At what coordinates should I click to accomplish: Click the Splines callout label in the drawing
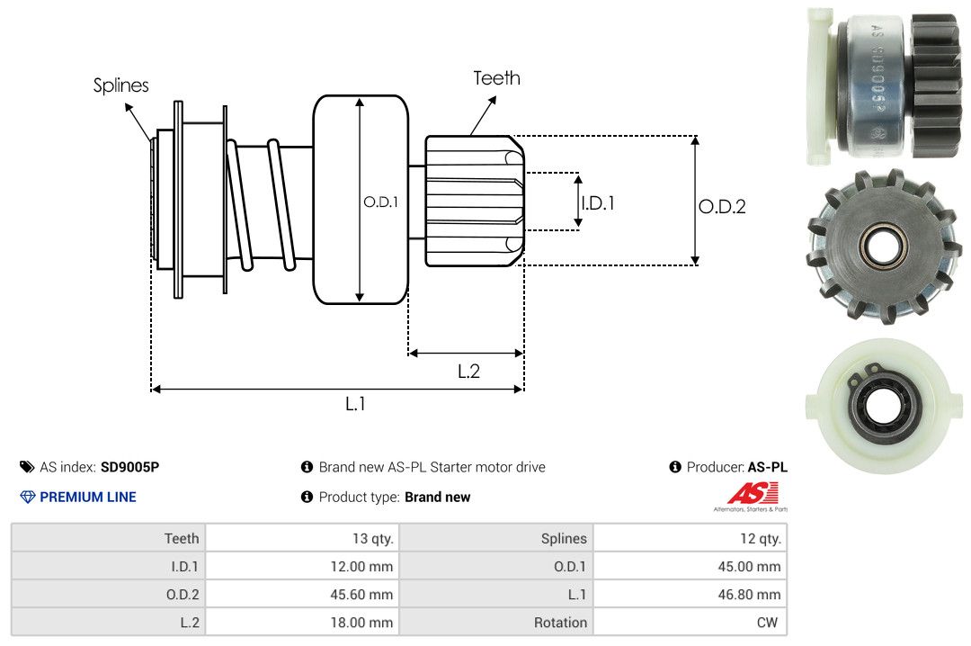[120, 85]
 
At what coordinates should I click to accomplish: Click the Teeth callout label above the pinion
[496, 78]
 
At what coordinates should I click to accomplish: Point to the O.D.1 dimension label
[380, 202]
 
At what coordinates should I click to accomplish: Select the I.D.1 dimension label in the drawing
[597, 203]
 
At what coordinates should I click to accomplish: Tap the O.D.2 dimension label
[722, 207]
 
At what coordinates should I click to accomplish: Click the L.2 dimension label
[468, 371]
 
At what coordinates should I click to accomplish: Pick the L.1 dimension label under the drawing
[355, 404]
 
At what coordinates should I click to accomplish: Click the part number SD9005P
[129, 467]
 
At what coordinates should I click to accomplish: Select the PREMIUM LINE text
[88, 497]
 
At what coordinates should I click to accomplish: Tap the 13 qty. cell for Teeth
[372, 539]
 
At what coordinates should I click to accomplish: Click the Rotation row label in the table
[560, 623]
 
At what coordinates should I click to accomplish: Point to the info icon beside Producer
[675, 467]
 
